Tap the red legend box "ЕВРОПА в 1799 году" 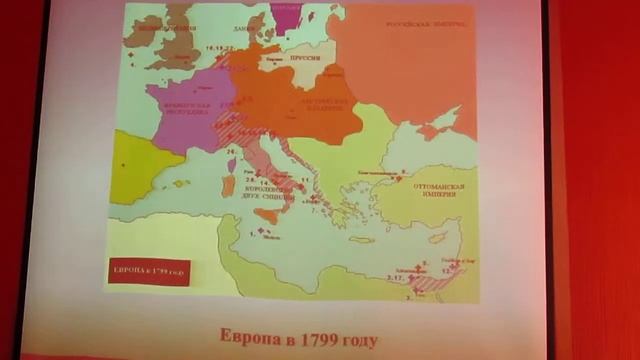click(x=148, y=271)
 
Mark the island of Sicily click(x=268, y=214)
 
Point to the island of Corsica click(x=231, y=161)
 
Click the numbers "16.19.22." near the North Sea click(x=218, y=47)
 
